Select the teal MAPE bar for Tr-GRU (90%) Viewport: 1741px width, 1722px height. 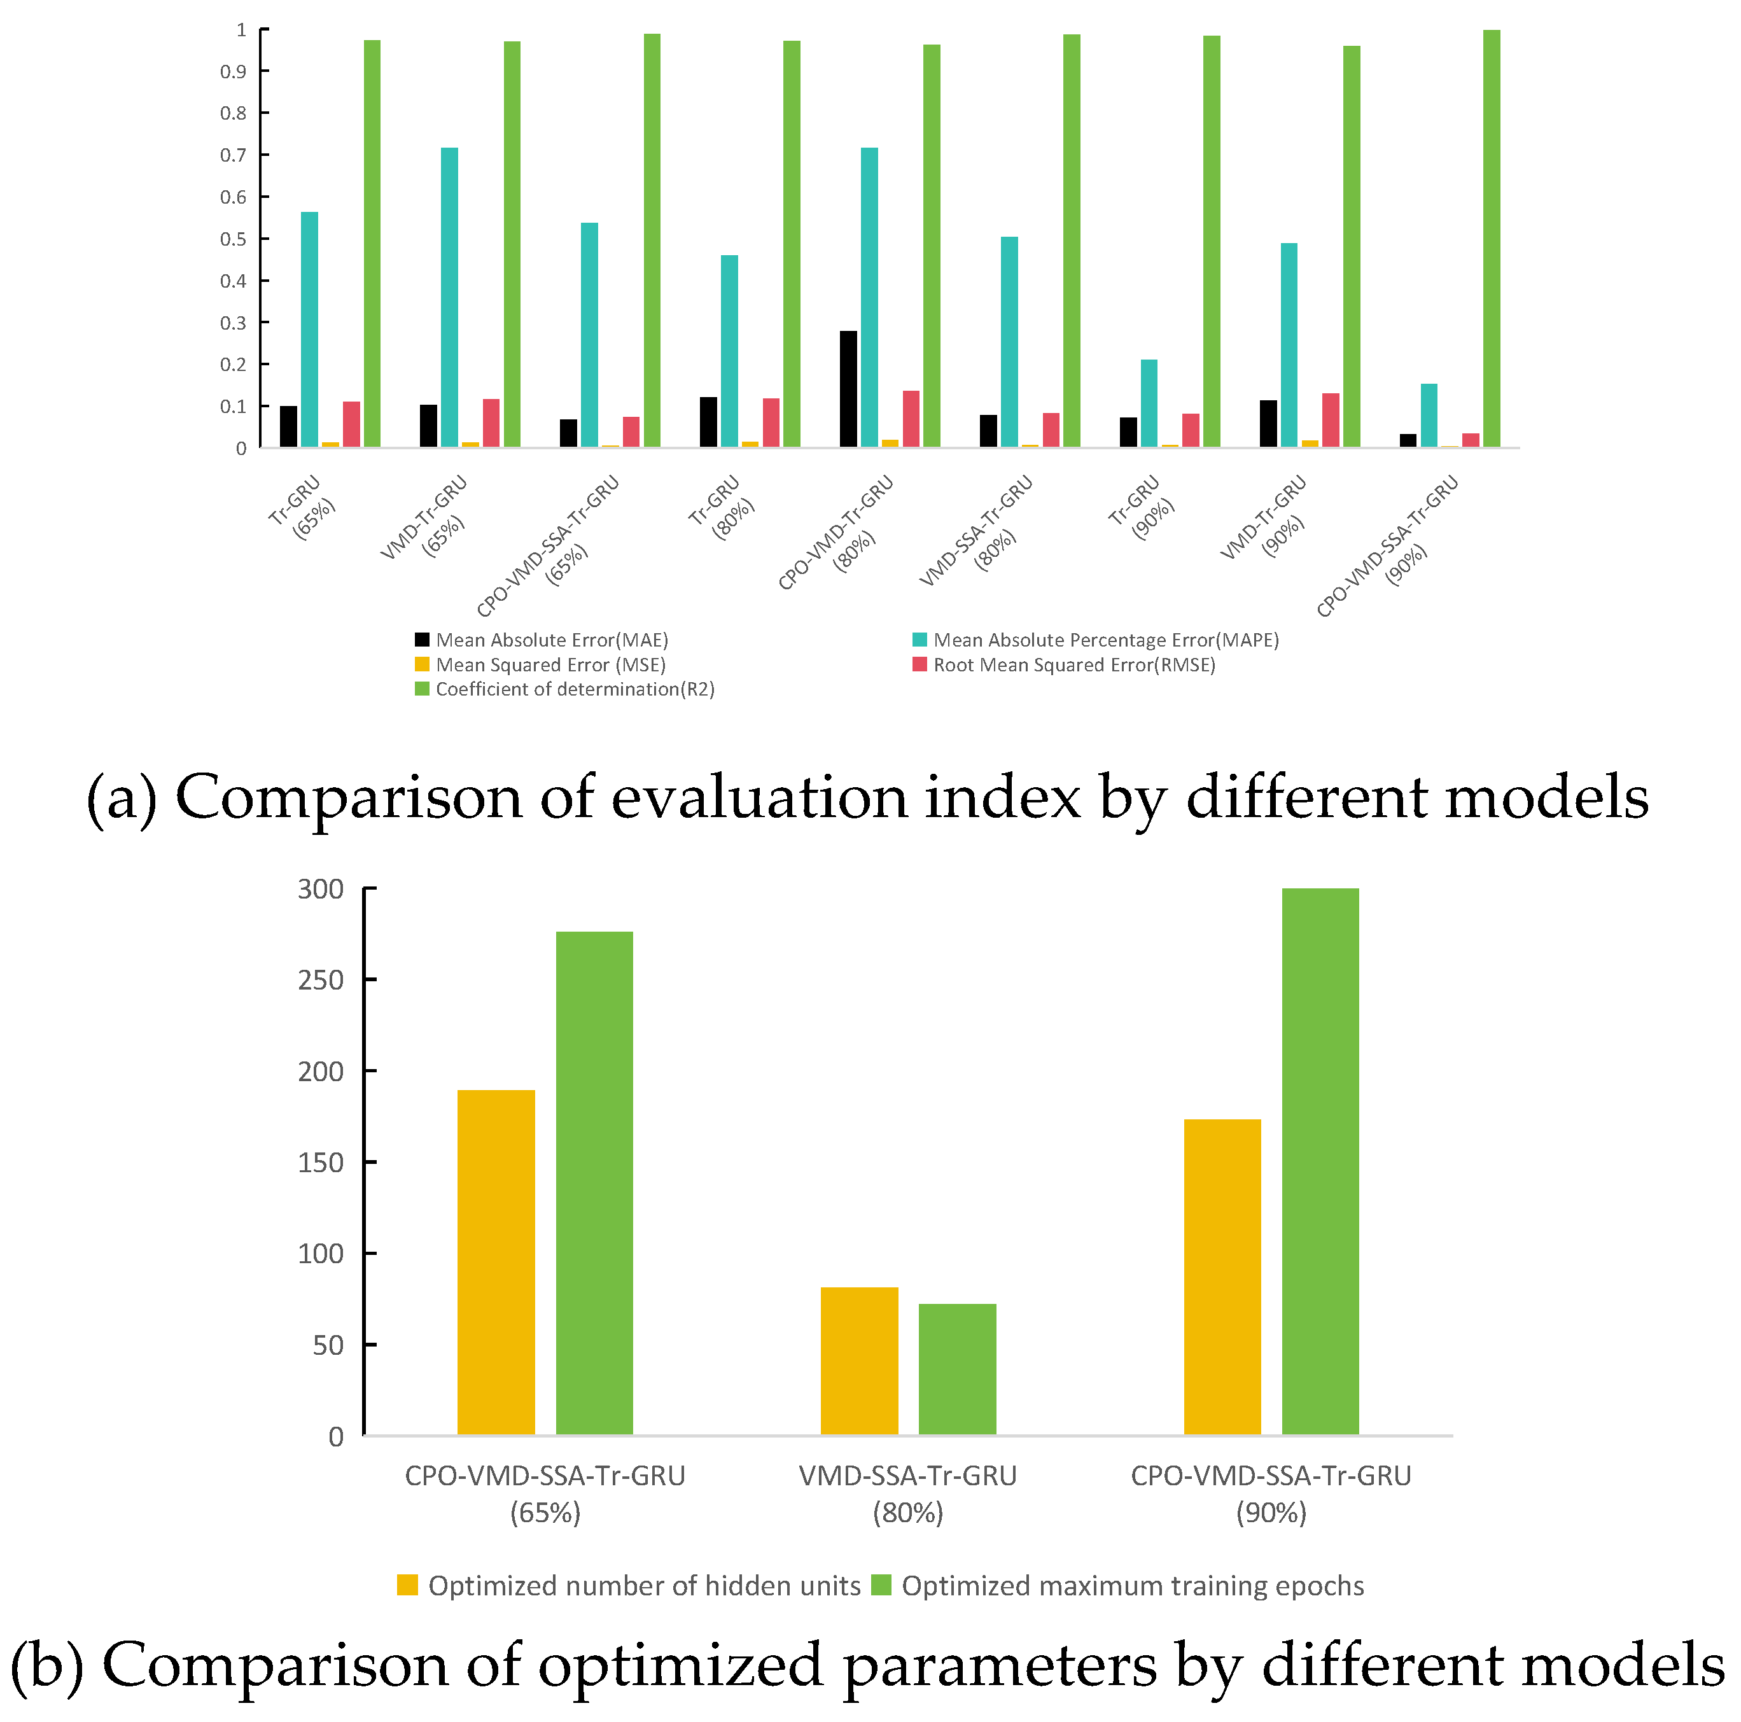pyautogui.click(x=1149, y=403)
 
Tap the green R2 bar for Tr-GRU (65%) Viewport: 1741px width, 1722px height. pyautogui.click(x=372, y=243)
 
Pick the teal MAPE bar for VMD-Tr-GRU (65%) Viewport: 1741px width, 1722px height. pyautogui.click(x=449, y=297)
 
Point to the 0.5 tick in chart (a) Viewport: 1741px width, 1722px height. pyautogui.click(x=234, y=239)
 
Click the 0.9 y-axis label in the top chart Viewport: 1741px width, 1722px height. pyautogui.click(x=234, y=71)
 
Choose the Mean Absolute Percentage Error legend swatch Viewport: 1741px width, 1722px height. pyautogui.click(x=920, y=640)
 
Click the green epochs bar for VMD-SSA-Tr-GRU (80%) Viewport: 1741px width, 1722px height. pyautogui.click(x=957, y=1369)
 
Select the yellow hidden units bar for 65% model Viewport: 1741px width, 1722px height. pyautogui.click(x=496, y=1261)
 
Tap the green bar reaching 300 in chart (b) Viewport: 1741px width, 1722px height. pyautogui.click(x=1320, y=1163)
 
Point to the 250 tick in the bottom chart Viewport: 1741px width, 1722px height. pyautogui.click(x=321, y=981)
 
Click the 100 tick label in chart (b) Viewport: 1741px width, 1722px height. pyautogui.click(x=321, y=1254)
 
